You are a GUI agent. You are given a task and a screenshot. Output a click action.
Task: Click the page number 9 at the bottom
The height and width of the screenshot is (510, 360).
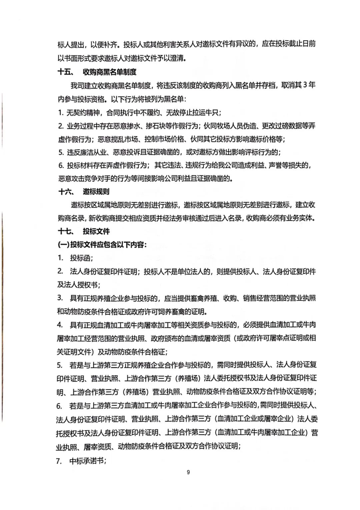click(x=188, y=472)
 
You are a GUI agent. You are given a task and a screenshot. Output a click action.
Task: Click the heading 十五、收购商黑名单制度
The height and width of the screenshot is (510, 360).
click(x=97, y=72)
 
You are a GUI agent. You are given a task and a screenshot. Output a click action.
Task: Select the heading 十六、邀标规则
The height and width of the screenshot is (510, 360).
click(x=84, y=192)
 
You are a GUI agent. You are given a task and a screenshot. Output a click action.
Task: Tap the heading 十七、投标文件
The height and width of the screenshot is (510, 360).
click(x=84, y=231)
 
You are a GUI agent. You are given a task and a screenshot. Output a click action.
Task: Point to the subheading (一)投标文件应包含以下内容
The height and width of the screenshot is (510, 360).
click(x=102, y=245)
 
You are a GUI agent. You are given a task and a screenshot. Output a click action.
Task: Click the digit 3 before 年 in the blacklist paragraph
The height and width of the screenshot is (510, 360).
click(x=304, y=85)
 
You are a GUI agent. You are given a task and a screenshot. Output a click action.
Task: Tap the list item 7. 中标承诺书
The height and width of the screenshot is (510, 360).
click(x=82, y=461)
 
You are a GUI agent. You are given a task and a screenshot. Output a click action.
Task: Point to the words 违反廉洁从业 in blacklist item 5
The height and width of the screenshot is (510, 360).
click(x=87, y=152)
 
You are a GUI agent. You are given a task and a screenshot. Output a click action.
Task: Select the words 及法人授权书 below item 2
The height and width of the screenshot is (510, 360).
click(x=78, y=285)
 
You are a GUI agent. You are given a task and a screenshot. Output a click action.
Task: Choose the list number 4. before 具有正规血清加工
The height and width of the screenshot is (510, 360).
click(x=60, y=325)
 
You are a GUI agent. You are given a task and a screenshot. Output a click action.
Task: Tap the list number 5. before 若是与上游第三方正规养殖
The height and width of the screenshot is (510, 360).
click(x=60, y=365)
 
